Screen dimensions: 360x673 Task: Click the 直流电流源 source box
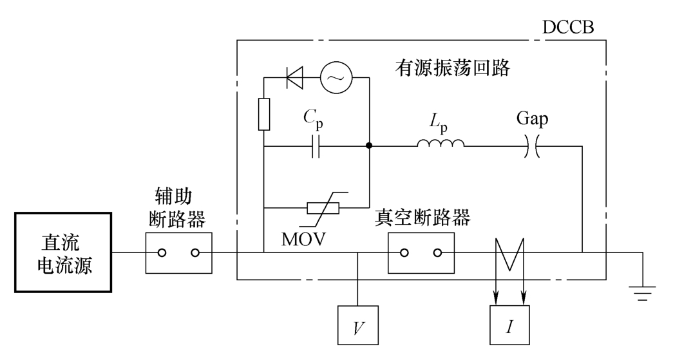tap(63, 252)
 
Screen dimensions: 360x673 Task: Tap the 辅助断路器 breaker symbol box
tap(178, 252)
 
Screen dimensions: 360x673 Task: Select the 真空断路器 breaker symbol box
tap(421, 252)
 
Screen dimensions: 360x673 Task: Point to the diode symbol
tap(296, 78)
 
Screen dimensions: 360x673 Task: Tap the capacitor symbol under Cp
tap(316, 146)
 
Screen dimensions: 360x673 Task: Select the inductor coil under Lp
tap(440, 144)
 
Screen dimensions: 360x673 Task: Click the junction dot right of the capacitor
tap(369, 146)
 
